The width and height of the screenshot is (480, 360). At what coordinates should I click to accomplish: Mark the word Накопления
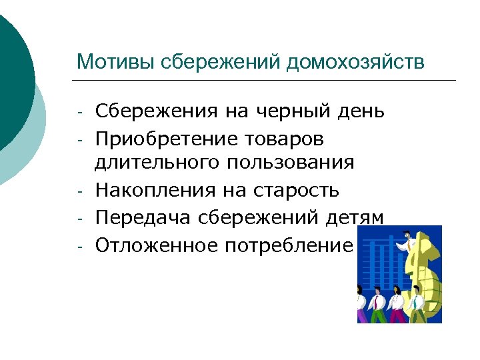(155, 191)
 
